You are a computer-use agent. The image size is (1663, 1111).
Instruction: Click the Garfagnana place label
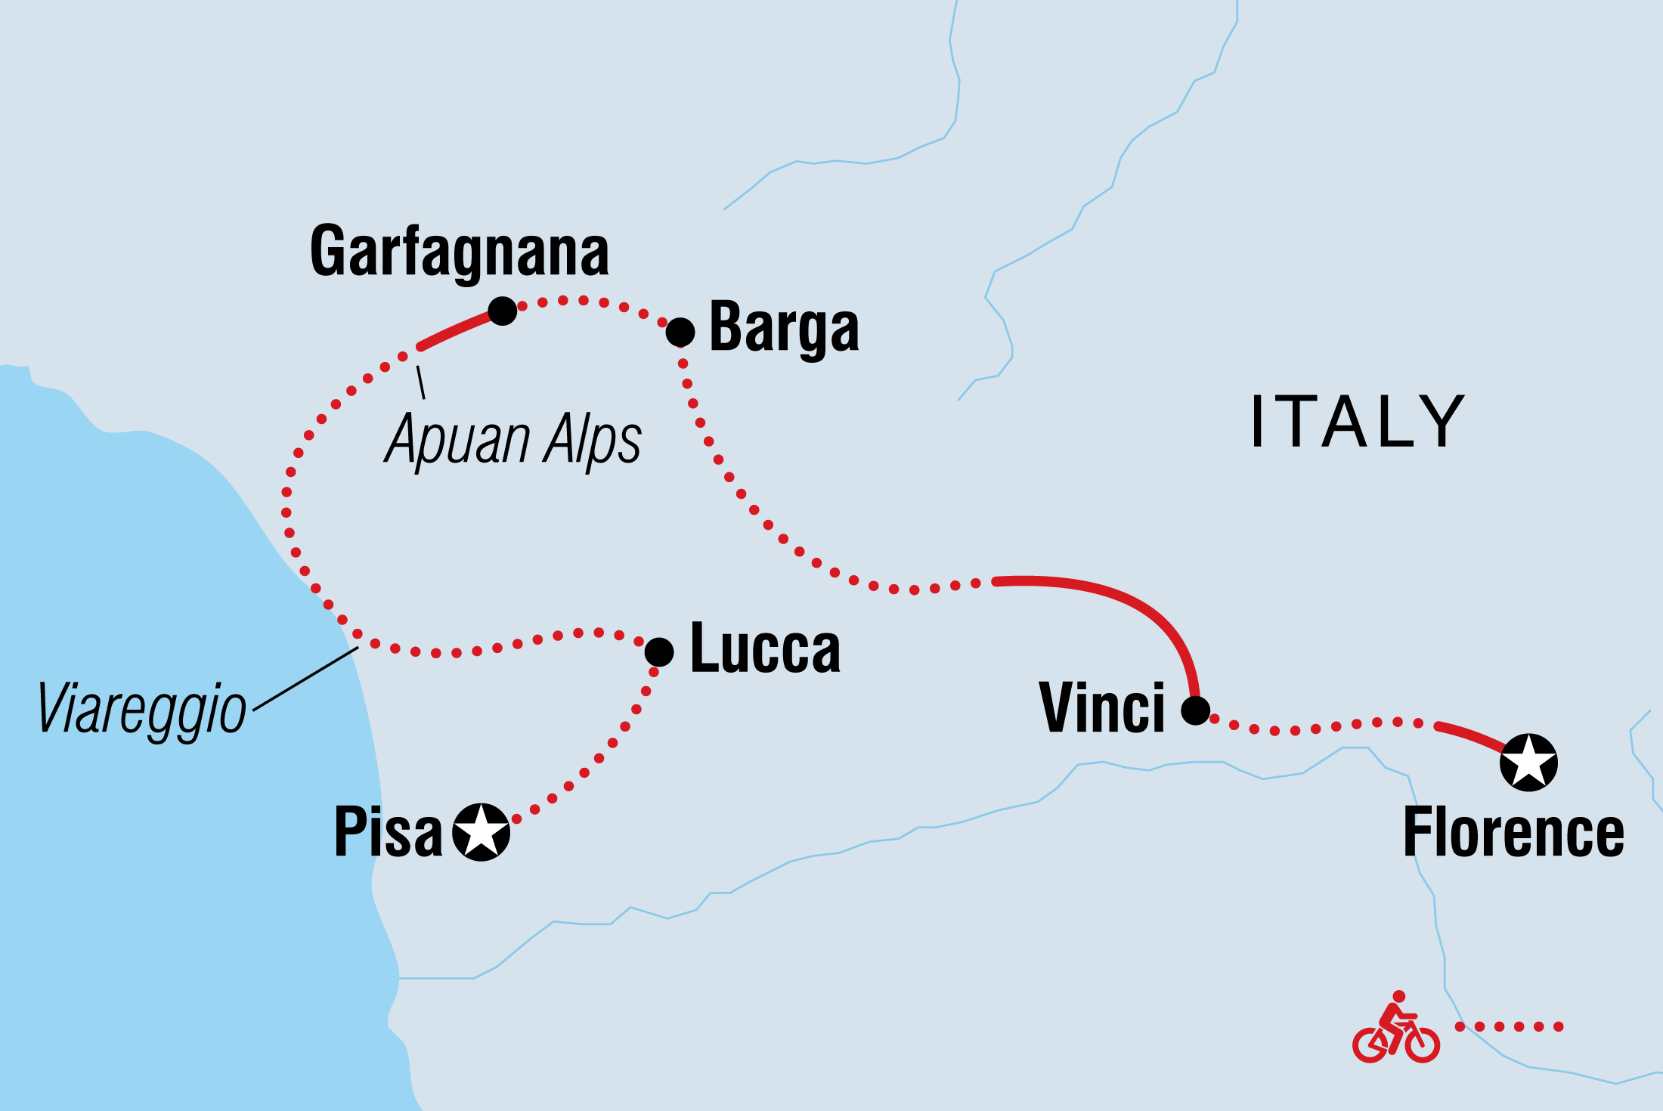coord(460,252)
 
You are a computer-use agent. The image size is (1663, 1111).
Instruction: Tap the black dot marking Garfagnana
coord(503,311)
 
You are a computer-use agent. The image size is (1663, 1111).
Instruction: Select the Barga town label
coord(784,329)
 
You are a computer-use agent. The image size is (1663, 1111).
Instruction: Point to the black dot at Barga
coord(680,332)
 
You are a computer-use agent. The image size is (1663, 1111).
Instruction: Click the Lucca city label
coord(765,648)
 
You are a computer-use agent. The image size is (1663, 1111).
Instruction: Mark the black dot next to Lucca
coord(659,651)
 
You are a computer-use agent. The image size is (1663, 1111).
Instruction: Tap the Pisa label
coord(388,832)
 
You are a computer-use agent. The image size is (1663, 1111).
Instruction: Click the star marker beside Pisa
coord(481,832)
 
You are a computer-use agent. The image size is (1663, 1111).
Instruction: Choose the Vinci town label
coord(1101,708)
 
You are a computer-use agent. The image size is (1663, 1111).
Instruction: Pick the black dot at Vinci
coord(1195,710)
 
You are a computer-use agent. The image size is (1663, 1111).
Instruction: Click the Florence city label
coord(1513,833)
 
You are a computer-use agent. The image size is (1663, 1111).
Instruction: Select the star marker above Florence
coord(1528,763)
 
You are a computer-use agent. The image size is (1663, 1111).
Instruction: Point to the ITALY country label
coord(1358,422)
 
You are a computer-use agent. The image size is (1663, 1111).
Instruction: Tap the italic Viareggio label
coord(141,709)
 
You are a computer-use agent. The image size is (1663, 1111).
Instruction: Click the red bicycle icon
coord(1395,1029)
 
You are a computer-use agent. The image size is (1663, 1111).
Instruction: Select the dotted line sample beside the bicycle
coord(1510,1026)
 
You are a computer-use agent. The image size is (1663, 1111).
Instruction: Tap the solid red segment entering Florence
coord(1470,735)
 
